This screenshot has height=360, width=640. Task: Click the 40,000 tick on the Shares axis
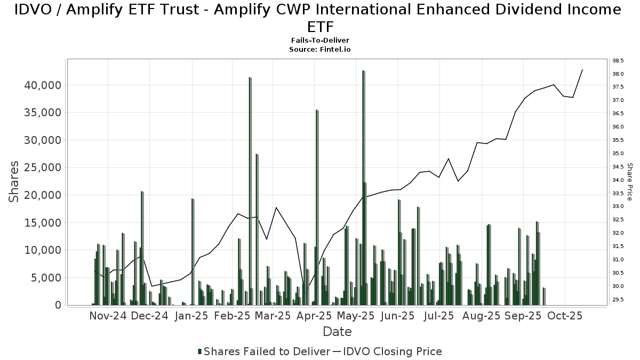pos(41,85)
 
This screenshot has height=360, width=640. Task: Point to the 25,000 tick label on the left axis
pos(41,168)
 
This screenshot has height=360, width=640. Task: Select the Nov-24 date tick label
pos(108,316)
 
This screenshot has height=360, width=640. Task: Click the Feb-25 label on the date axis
pos(233,316)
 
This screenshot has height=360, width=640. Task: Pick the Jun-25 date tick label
pos(397,316)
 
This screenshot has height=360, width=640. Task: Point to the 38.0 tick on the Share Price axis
pos(618,74)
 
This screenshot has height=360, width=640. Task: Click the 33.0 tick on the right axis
pos(618,206)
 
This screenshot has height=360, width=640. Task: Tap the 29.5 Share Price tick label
pos(618,300)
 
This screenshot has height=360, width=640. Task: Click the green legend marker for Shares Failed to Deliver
pos(200,351)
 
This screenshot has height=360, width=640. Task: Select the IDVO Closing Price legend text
pos(393,351)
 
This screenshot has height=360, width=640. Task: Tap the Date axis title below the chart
pos(337,332)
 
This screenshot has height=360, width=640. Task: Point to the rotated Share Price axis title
pos(629,181)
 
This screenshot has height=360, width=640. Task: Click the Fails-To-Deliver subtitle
pos(320,41)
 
